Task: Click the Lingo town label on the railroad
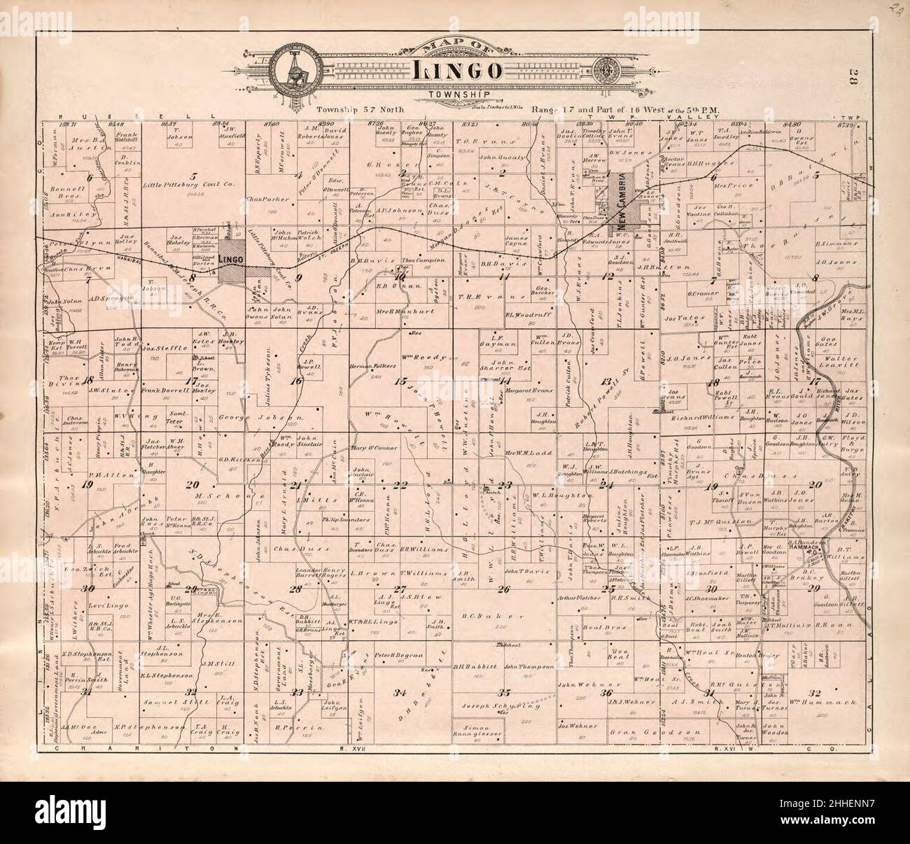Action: [x=230, y=260]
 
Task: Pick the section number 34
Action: [x=400, y=693]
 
